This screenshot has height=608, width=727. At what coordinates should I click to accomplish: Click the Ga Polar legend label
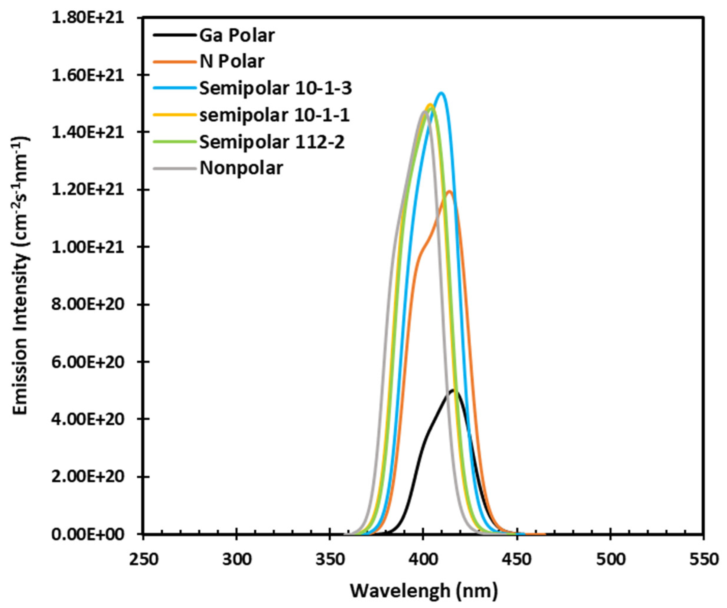pos(237,36)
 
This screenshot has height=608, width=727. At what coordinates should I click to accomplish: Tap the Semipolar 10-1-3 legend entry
pos(276,89)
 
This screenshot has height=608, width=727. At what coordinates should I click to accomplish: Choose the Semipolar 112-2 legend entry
pos(272,142)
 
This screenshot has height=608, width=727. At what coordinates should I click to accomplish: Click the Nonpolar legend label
pos(241,169)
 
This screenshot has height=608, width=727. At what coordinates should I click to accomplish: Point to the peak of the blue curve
pos(441,92)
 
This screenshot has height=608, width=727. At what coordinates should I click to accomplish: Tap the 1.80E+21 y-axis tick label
pos(87,18)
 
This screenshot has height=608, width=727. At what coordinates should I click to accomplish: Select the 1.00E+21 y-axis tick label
pos(87,247)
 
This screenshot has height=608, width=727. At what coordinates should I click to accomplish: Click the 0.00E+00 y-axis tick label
pos(87,534)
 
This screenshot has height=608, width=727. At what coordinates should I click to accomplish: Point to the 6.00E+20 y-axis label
pos(87,362)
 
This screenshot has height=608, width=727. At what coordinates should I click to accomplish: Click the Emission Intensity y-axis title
pos(21,275)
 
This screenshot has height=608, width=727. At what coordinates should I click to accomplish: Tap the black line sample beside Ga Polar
pos(173,36)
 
